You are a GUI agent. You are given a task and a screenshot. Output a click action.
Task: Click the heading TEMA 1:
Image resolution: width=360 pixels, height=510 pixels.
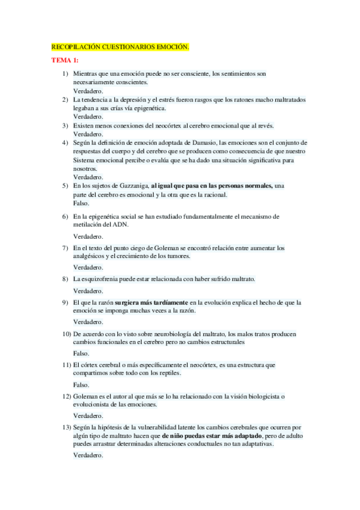tap(64, 61)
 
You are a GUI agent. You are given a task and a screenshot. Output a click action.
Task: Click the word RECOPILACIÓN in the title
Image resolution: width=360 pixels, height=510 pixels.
tap(77, 46)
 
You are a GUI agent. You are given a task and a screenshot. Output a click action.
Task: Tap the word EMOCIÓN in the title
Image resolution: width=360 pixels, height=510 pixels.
tap(171, 46)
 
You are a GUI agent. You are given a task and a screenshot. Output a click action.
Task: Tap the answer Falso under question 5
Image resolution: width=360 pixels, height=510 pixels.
tap(81, 203)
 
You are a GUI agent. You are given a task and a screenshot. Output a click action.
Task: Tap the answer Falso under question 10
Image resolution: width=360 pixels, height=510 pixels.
tap(81, 353)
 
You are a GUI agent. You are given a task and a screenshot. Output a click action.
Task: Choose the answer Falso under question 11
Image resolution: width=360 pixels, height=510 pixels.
tap(81, 384)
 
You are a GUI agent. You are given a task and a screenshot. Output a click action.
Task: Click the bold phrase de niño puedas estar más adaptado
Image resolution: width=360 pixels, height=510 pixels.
tap(212, 435)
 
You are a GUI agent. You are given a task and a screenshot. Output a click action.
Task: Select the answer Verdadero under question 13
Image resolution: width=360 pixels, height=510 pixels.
tap(88, 456)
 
